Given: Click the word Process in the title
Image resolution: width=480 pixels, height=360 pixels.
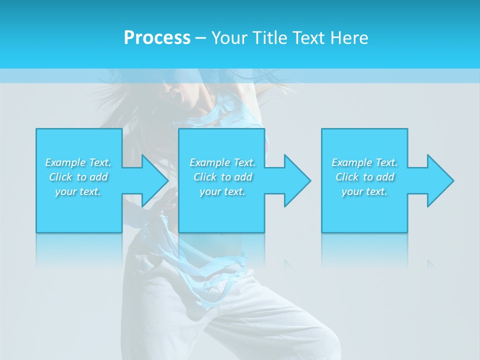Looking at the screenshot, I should pyautogui.click(x=157, y=38).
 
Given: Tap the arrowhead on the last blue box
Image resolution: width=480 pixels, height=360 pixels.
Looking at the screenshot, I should pyautogui.click(x=439, y=180).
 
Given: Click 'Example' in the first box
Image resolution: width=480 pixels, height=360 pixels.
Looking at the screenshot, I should pyautogui.click(x=65, y=162).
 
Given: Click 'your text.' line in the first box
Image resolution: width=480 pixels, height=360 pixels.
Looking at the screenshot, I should pyautogui.click(x=78, y=191).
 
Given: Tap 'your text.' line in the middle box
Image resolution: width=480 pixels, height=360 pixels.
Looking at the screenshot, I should pyautogui.click(x=222, y=191).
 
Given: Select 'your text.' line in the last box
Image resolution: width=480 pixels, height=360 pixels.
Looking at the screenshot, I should pyautogui.click(x=364, y=191).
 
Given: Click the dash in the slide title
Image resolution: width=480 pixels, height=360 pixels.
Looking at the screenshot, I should pyautogui.click(x=200, y=38).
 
